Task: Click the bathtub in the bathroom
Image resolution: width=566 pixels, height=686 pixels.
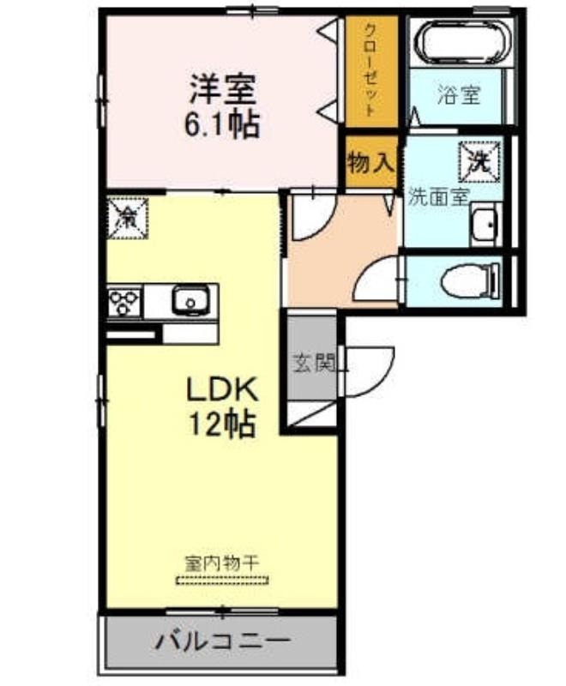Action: coord(463,43)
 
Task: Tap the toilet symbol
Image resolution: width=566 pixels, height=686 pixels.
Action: coord(471,281)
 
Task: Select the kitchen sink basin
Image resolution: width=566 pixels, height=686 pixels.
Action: coord(190,301)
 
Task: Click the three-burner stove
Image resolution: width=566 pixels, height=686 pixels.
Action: coord(124,303)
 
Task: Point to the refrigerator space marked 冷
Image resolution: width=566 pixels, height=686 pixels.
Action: coord(128,218)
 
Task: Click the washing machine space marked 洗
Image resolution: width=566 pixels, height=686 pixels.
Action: coord(479,162)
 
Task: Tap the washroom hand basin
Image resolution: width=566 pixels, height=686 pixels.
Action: coord(485,225)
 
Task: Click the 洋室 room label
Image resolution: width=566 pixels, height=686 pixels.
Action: coord(222,90)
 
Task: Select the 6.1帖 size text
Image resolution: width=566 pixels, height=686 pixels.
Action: coord(222,123)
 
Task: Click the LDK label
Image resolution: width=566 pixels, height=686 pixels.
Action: coord(222,389)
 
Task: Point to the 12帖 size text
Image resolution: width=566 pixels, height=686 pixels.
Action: coord(222,423)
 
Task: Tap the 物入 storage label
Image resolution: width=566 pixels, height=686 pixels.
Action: coord(371,162)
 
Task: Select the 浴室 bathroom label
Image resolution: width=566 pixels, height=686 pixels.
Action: coord(459,94)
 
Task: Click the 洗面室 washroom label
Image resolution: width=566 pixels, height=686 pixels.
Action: coord(439,197)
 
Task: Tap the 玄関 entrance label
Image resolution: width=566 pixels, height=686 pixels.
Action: coord(315,362)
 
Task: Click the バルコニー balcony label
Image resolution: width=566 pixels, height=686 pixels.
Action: coord(223,642)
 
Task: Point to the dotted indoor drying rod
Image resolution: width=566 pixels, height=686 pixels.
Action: coord(222,581)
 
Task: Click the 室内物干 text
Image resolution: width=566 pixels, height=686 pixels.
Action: coord(222,563)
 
